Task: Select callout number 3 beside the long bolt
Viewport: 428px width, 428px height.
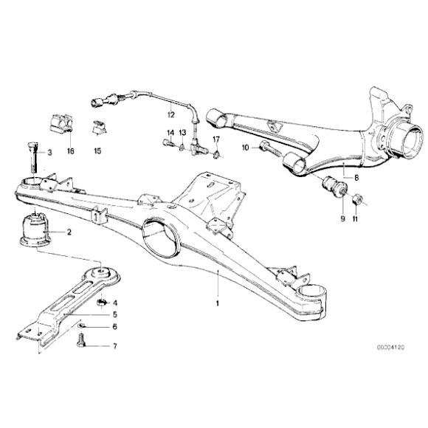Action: coord(50,153)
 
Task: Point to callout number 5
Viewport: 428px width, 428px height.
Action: coord(114,314)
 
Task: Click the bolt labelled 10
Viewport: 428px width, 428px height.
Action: coord(271,151)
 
